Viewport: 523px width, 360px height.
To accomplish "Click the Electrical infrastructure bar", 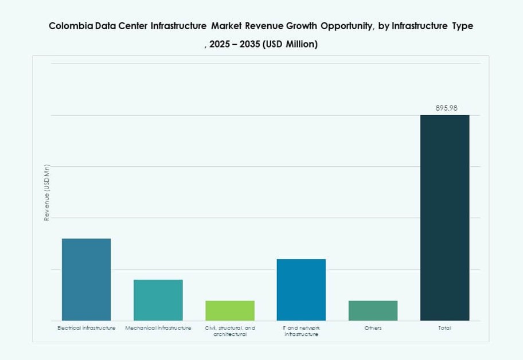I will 86,279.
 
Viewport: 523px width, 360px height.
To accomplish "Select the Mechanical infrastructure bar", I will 158,300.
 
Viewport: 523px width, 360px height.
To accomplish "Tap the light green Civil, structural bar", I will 229,310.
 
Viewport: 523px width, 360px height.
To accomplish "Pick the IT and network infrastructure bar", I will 301,289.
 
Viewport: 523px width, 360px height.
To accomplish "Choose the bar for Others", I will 373,310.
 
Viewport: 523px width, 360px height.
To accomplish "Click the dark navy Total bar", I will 444,218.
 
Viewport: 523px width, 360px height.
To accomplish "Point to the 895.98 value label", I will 446,108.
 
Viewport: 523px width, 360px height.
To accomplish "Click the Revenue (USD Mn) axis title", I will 47,193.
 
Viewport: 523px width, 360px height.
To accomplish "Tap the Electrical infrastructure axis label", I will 86,328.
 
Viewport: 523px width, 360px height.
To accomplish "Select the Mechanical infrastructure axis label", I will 158,328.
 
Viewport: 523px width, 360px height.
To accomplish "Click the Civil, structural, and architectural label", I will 229,331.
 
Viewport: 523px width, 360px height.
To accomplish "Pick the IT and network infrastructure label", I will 301,331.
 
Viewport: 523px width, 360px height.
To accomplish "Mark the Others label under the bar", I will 373,328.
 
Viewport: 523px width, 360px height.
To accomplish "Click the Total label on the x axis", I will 444,328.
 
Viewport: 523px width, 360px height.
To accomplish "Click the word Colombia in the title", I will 69,26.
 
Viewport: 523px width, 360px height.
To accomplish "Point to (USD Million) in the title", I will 290,44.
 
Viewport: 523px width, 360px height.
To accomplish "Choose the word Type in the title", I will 462,26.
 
